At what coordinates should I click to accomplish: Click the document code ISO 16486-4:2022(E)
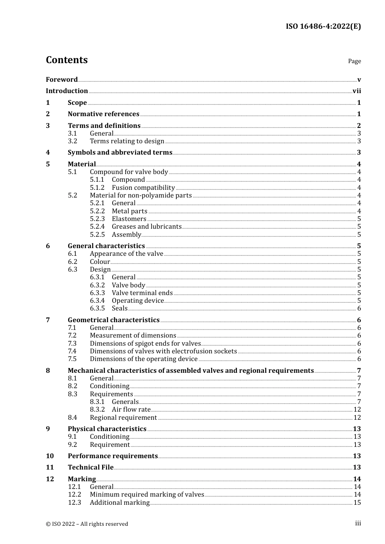323,26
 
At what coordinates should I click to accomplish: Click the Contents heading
66,60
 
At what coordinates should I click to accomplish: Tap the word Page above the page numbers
354,61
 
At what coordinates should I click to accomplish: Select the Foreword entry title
62,79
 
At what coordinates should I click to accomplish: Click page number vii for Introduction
357,91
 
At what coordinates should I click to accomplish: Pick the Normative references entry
103,114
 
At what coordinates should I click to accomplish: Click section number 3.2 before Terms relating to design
73,141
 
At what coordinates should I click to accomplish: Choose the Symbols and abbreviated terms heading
120,153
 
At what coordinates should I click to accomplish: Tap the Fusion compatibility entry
143,188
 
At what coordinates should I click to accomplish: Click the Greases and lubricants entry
146,227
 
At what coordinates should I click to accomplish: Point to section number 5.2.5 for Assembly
97,235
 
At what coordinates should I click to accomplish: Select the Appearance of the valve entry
126,254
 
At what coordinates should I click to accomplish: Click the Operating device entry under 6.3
138,301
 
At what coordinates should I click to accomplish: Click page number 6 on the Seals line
359,308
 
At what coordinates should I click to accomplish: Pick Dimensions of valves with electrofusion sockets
163,351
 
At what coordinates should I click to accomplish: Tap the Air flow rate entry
131,410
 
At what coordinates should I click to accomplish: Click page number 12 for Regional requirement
357,418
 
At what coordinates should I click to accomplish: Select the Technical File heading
90,467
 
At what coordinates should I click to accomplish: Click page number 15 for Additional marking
357,503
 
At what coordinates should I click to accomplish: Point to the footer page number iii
358,523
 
